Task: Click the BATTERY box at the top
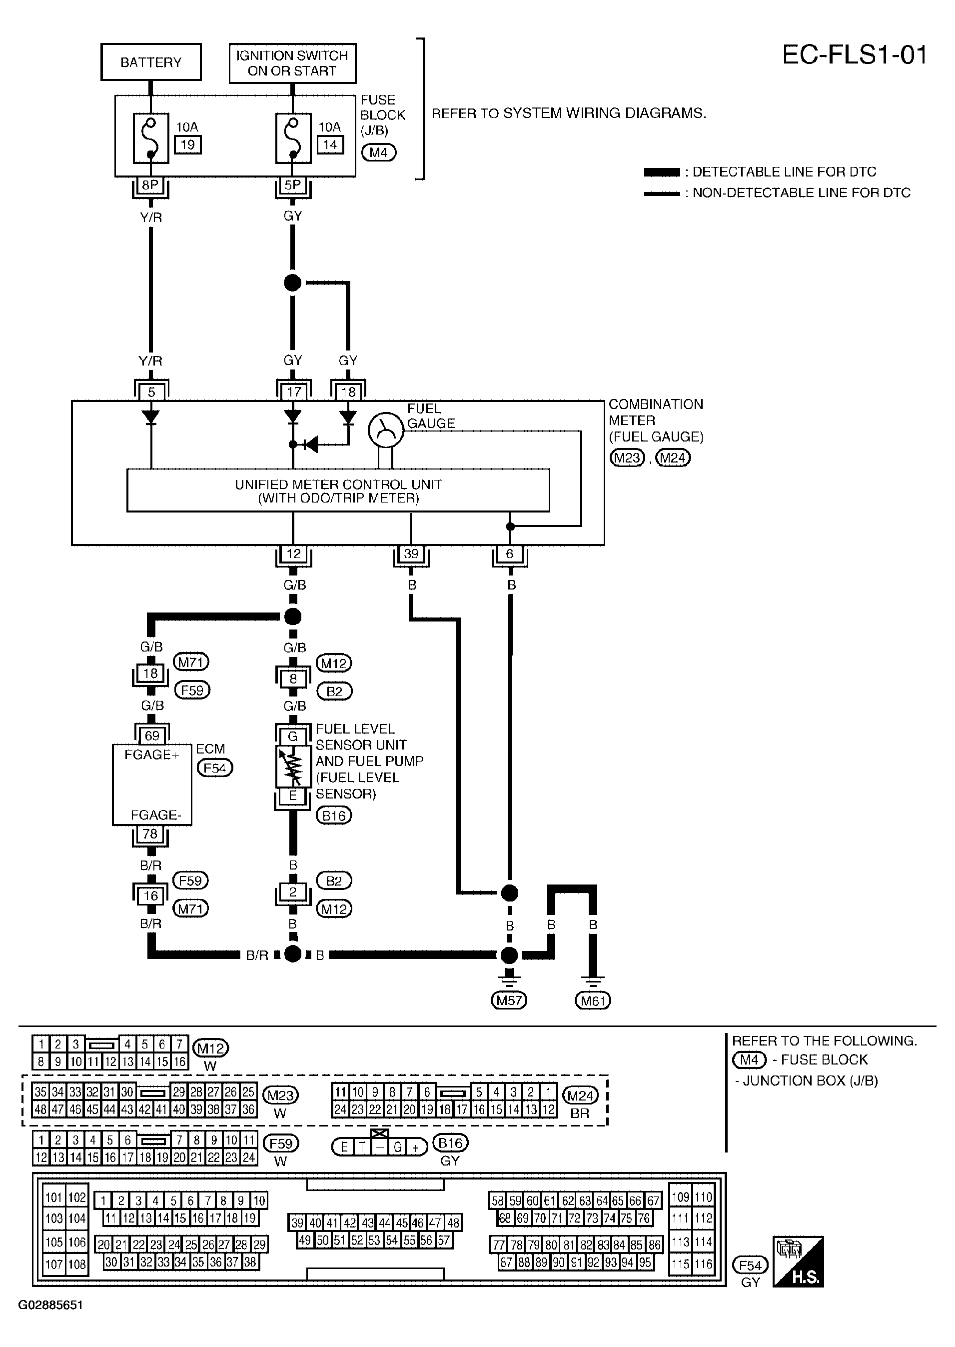coord(151,62)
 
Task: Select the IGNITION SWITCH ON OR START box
coord(292,63)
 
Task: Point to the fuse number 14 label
coord(330,144)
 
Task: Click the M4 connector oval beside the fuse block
coord(379,153)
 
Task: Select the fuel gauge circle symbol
coord(386,430)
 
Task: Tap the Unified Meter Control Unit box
coord(338,490)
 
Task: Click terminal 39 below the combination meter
coord(411,553)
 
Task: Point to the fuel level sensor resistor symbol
coord(293,766)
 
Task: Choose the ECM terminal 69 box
coord(152,736)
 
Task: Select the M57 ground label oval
coord(509,1000)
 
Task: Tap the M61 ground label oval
coord(593,1000)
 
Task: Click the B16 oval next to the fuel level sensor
coord(333,816)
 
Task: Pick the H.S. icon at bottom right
coord(798,1261)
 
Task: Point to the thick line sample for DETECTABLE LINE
coord(662,172)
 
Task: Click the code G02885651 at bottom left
coord(50,1305)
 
